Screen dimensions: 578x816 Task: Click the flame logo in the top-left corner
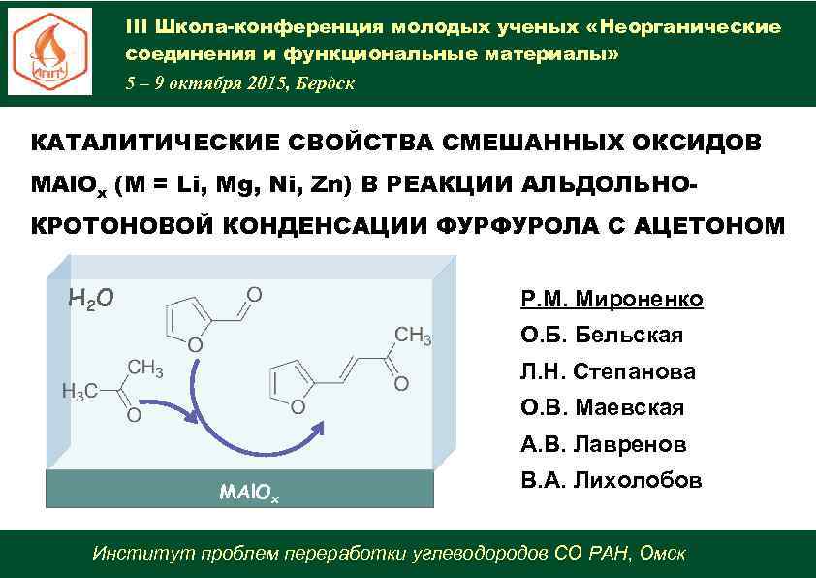(x=50, y=51)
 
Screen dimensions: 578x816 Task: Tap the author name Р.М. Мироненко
(x=612, y=299)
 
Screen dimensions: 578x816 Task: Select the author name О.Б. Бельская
(x=602, y=336)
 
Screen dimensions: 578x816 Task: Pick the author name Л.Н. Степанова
(x=608, y=371)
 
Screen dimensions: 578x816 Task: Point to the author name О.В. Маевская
(x=602, y=408)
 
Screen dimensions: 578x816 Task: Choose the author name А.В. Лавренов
(x=604, y=445)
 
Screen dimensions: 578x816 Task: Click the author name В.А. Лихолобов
(x=611, y=481)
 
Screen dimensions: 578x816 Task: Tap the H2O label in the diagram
(x=92, y=297)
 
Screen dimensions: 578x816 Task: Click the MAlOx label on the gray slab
(x=249, y=493)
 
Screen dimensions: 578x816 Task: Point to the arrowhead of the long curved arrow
(x=319, y=428)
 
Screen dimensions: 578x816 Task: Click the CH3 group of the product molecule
(x=411, y=336)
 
